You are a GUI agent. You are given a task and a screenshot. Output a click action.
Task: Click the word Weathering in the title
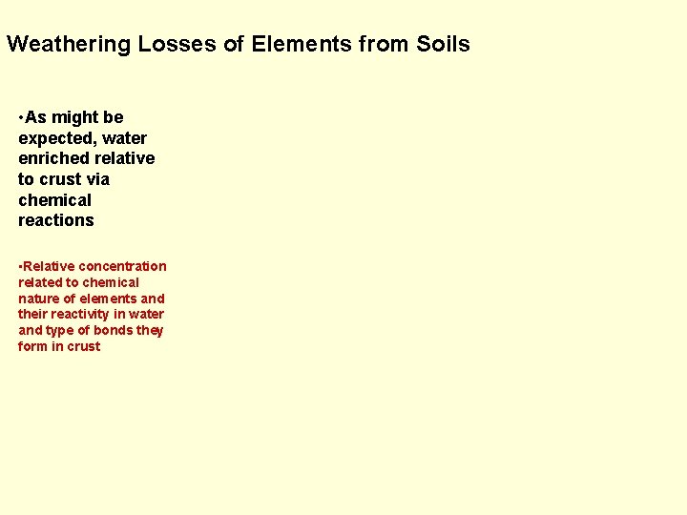(x=69, y=44)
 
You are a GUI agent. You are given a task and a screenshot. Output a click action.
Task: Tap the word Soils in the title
(x=444, y=44)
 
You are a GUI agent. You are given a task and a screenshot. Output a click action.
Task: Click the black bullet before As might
(x=21, y=117)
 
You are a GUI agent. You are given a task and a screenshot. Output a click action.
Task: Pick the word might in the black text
(x=74, y=117)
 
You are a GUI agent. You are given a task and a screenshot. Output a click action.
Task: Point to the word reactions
(x=55, y=220)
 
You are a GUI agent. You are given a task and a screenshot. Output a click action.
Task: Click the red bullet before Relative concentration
(x=20, y=266)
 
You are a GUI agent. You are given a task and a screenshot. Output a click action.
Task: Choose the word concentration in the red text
(x=122, y=266)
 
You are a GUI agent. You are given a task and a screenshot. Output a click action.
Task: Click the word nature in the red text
(x=38, y=299)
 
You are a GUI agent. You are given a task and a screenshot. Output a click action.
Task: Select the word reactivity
(x=79, y=314)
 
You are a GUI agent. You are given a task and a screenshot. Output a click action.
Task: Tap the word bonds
(x=114, y=330)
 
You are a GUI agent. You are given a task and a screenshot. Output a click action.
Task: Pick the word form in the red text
(x=31, y=346)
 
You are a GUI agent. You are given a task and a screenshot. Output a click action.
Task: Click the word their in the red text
(x=32, y=314)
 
